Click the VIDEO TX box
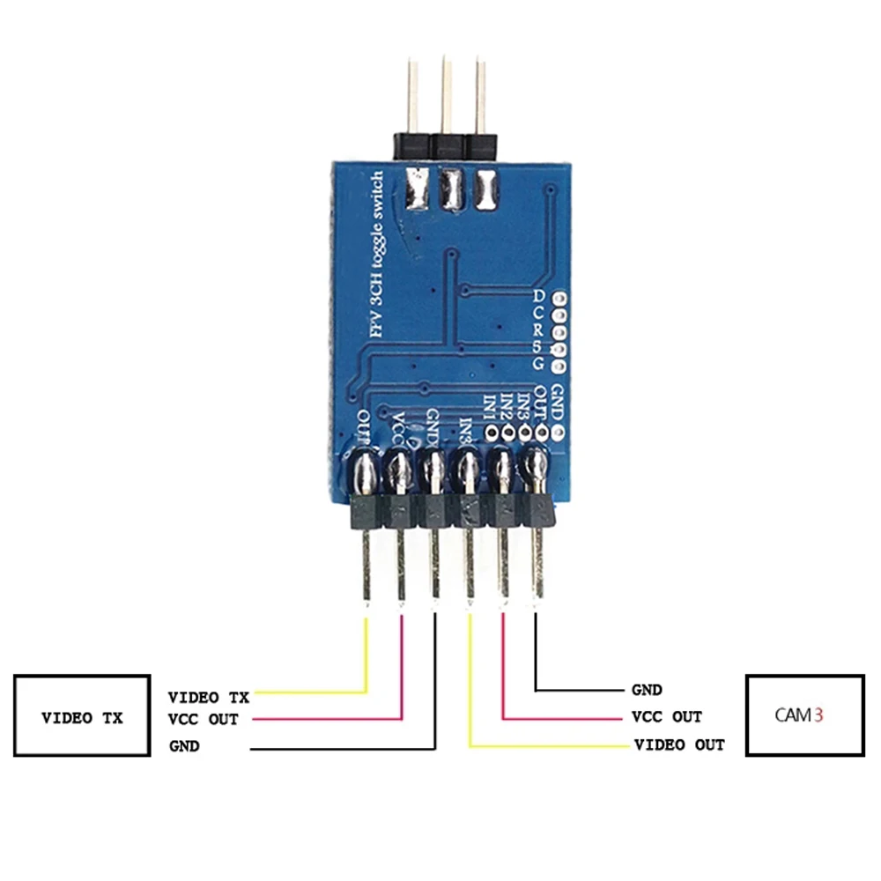point(81,715)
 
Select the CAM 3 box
point(804,715)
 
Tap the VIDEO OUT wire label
point(679,745)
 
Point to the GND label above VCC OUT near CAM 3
point(647,690)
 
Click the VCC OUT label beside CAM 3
point(667,717)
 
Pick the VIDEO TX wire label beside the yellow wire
point(208,697)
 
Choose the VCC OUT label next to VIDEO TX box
point(203,719)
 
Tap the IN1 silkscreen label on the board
point(490,408)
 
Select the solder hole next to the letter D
point(558,297)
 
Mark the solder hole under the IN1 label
point(491,432)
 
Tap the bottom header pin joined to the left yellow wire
point(365,564)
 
